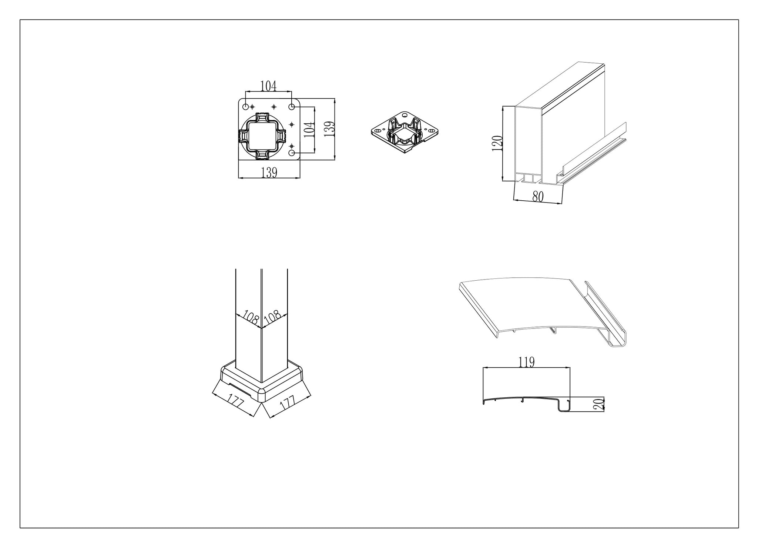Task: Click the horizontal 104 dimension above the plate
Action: pyautogui.click(x=268, y=86)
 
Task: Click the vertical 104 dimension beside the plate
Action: pyautogui.click(x=309, y=130)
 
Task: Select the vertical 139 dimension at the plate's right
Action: pyautogui.click(x=329, y=130)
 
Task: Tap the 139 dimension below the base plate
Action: pyautogui.click(x=269, y=173)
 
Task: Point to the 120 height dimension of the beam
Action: pyautogui.click(x=497, y=143)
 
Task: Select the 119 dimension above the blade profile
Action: pyautogui.click(x=526, y=362)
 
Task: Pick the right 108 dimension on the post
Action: pyautogui.click(x=272, y=318)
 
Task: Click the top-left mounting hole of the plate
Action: pyautogui.click(x=245, y=107)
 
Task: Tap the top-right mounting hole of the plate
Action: pyautogui.click(x=292, y=107)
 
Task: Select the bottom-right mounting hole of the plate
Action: pyautogui.click(x=292, y=153)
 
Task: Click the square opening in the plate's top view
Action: pyautogui.click(x=262, y=136)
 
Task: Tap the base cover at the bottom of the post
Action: pyautogui.click(x=262, y=381)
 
